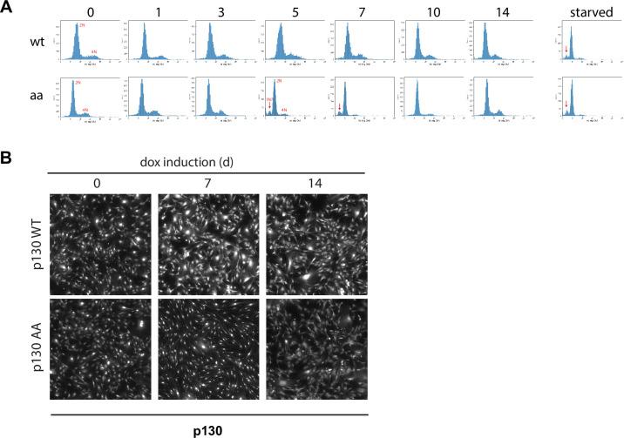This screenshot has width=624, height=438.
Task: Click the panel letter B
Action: tap(7, 161)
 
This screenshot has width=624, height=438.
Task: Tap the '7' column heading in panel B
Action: tap(207, 185)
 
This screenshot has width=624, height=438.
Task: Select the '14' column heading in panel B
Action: tap(313, 185)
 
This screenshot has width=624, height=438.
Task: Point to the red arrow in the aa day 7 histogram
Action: tap(339, 107)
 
